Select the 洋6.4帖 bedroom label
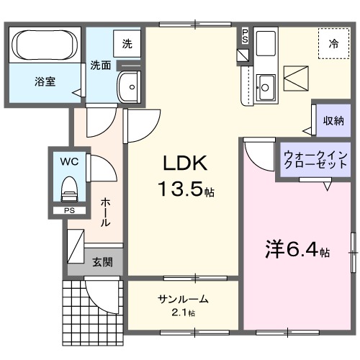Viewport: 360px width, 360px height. point(295,252)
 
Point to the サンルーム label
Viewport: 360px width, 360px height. point(184,299)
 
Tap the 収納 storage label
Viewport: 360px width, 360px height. point(332,120)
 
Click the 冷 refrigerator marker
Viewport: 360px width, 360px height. point(333,44)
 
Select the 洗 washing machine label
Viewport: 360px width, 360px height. point(127,43)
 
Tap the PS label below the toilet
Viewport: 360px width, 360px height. point(69,210)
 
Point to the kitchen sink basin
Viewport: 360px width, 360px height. point(264,87)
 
